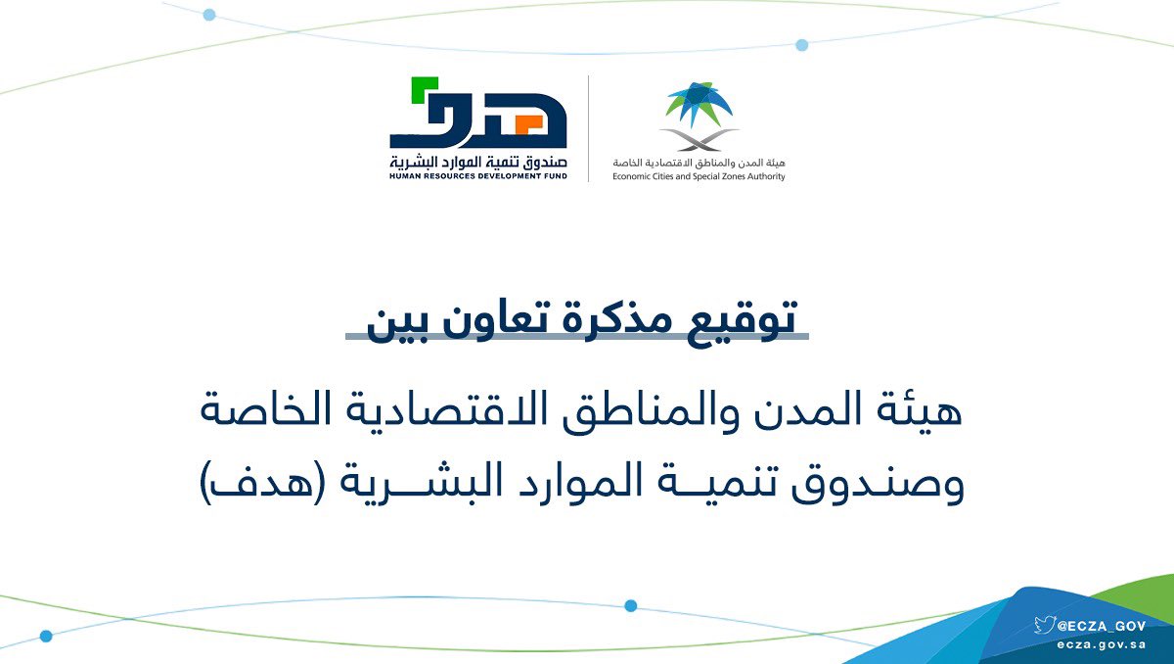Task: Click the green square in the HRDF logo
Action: tap(424, 89)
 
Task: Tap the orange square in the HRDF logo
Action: tap(527, 124)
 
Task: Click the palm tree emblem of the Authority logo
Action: tap(699, 104)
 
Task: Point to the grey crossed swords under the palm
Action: tap(700, 140)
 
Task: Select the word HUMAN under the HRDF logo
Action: tap(403, 176)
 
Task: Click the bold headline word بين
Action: tap(398, 324)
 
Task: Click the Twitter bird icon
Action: tap(1045, 625)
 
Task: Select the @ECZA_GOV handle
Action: tap(1102, 626)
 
